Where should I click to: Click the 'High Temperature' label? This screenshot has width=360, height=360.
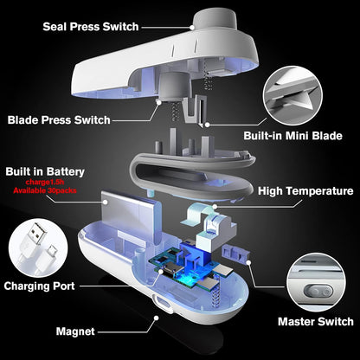[x=305, y=191]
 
